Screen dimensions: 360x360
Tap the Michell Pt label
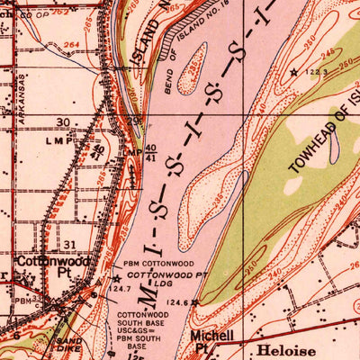(202, 340)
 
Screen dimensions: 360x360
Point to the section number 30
(62, 122)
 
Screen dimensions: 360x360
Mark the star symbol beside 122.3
(292, 72)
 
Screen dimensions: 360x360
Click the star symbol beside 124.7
(116, 278)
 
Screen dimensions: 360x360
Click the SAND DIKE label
(68, 346)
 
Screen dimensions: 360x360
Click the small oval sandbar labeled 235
(192, 79)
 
